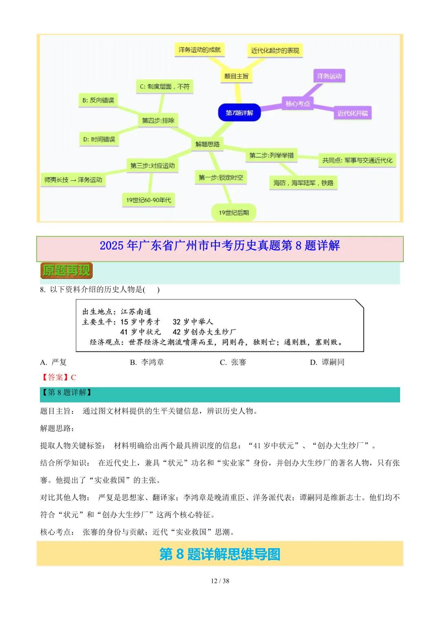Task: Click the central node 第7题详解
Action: pos(240,113)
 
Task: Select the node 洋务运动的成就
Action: pos(200,50)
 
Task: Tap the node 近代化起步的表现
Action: pos(275,51)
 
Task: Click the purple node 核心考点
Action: pos(297,103)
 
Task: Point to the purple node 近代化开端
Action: pos(352,113)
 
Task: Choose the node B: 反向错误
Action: pos(98,100)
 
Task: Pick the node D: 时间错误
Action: pos(99,139)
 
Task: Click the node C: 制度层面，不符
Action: pos(165,86)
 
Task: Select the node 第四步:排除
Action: pos(158,121)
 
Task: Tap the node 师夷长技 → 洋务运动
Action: pos(73,180)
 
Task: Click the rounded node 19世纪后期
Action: pos(234,213)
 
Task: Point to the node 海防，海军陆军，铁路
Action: pos(303,183)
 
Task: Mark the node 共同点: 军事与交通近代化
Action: pos(357,160)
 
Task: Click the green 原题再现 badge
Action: pos(66,270)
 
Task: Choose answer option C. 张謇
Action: pos(233,362)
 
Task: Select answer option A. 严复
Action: pos(53,362)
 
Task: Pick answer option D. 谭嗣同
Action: pos(327,362)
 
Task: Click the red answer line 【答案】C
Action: pos(58,377)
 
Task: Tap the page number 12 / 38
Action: pos(220,581)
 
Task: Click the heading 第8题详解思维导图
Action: pos(220,554)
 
